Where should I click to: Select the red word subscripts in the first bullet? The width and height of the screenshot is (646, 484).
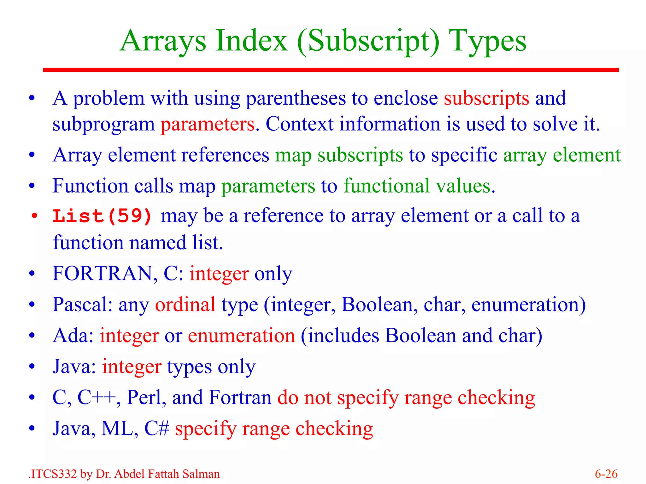tap(486, 99)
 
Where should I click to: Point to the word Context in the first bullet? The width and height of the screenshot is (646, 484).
tap(299, 124)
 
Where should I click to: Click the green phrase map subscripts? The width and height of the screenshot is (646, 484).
tap(339, 155)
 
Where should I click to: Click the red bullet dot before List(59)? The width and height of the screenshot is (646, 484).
tap(34, 216)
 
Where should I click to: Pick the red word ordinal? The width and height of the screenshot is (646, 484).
tap(185, 304)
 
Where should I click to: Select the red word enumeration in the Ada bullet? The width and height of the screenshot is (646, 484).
tap(241, 336)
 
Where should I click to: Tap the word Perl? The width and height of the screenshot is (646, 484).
tap(146, 398)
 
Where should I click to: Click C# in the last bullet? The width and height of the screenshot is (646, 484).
tap(156, 429)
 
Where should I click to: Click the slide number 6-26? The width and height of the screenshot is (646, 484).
tap(606, 474)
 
